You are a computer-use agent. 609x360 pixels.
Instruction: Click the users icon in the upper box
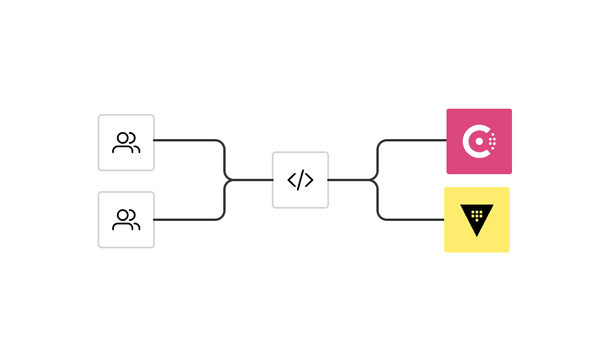pyautogui.click(x=126, y=143)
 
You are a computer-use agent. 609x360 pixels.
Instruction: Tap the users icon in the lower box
pyautogui.click(x=126, y=220)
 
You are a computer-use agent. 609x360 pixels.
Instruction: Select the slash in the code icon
pyautogui.click(x=300, y=180)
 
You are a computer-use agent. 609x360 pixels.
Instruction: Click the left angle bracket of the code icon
pyautogui.click(x=292, y=180)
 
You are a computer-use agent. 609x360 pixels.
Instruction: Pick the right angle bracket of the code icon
pyautogui.click(x=309, y=180)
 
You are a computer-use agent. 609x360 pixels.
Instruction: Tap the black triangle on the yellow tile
pyautogui.click(x=477, y=226)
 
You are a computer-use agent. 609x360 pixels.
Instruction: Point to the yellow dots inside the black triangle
pyautogui.click(x=477, y=215)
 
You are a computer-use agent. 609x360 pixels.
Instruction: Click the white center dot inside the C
pyautogui.click(x=479, y=141)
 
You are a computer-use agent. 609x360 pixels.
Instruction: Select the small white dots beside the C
pyautogui.click(x=492, y=141)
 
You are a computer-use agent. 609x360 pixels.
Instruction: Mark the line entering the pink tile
pyautogui.click(x=415, y=140)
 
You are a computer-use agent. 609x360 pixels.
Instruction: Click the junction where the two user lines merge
pyautogui.click(x=226, y=180)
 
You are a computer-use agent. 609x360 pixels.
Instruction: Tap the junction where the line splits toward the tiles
pyautogui.click(x=377, y=180)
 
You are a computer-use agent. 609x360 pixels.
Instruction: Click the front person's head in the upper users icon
pyautogui.click(x=123, y=138)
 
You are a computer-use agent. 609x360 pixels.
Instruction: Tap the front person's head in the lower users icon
pyautogui.click(x=123, y=215)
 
